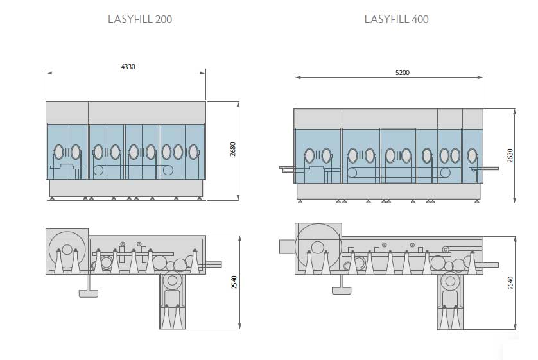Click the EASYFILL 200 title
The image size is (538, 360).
139,19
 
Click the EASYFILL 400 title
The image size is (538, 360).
396,19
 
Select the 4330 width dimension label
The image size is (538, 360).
128,67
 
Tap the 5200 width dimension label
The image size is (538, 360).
402,73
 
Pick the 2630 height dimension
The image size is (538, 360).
510,155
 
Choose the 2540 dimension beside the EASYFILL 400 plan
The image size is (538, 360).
510,282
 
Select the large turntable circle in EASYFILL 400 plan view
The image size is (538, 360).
317,246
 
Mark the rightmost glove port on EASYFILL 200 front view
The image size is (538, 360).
193,152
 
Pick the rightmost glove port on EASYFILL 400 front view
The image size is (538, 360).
473,155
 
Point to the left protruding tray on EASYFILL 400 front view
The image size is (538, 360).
287,168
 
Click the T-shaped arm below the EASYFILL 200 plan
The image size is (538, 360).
88,293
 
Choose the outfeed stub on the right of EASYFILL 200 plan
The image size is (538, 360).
213,263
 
